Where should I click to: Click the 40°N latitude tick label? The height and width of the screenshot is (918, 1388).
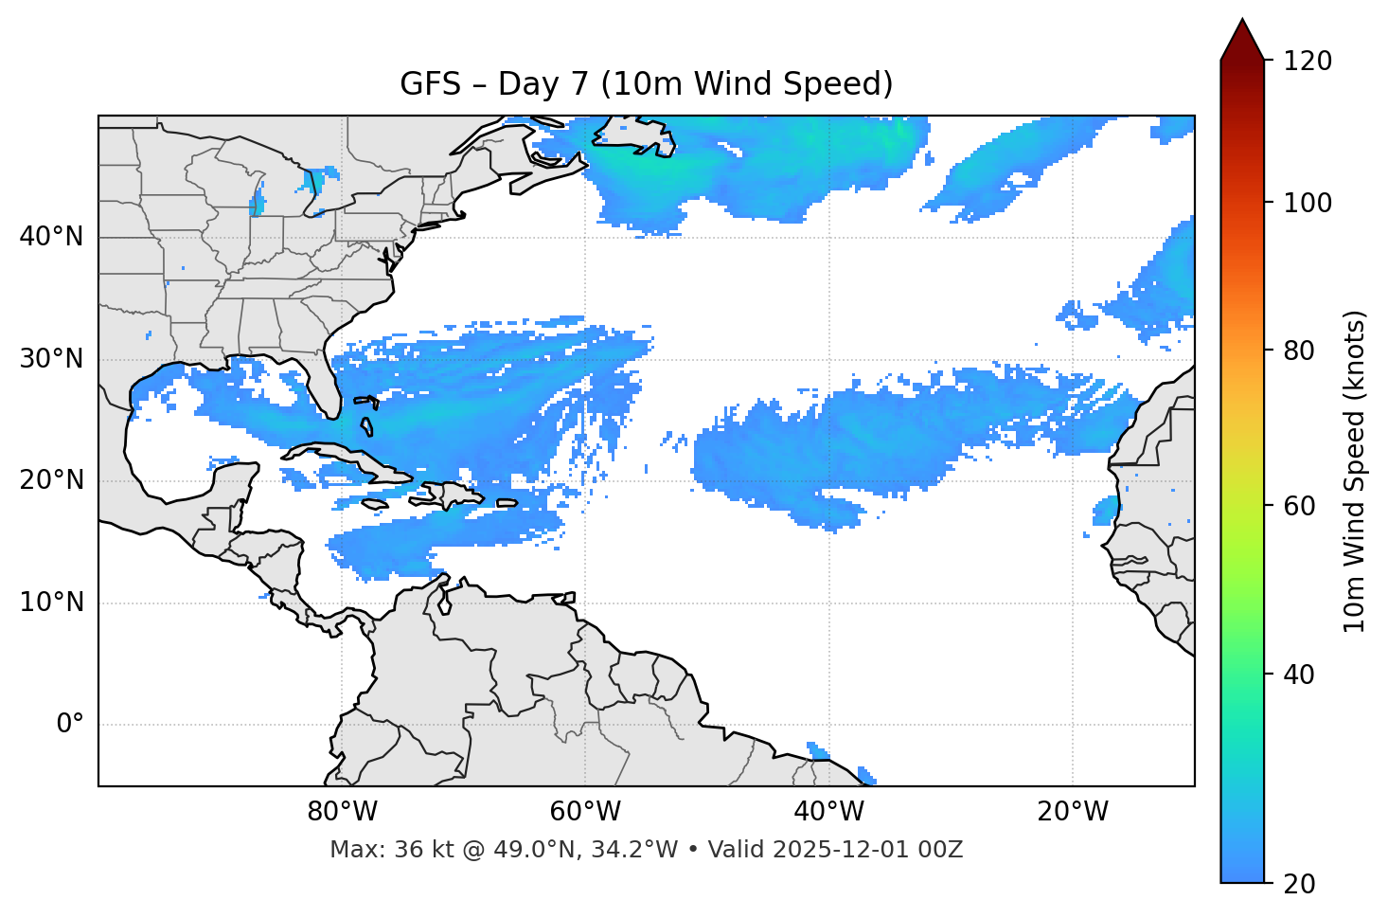click(51, 237)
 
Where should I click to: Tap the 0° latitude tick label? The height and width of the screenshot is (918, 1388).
click(70, 725)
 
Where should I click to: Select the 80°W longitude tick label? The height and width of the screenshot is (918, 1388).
click(342, 812)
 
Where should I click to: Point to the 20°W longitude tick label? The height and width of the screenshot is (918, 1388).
click(1073, 812)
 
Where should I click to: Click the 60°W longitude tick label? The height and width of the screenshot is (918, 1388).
click(585, 812)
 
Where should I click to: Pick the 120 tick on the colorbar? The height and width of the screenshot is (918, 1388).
click(1307, 62)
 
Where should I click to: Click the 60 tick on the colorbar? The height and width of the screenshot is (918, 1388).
click(1299, 506)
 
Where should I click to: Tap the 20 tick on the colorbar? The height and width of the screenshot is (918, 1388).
click(1299, 884)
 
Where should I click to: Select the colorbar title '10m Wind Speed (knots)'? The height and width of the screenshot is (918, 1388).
click(1355, 471)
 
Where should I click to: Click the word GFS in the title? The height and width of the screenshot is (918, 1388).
click(430, 84)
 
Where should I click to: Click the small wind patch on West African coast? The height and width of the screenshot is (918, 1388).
click(1105, 512)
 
